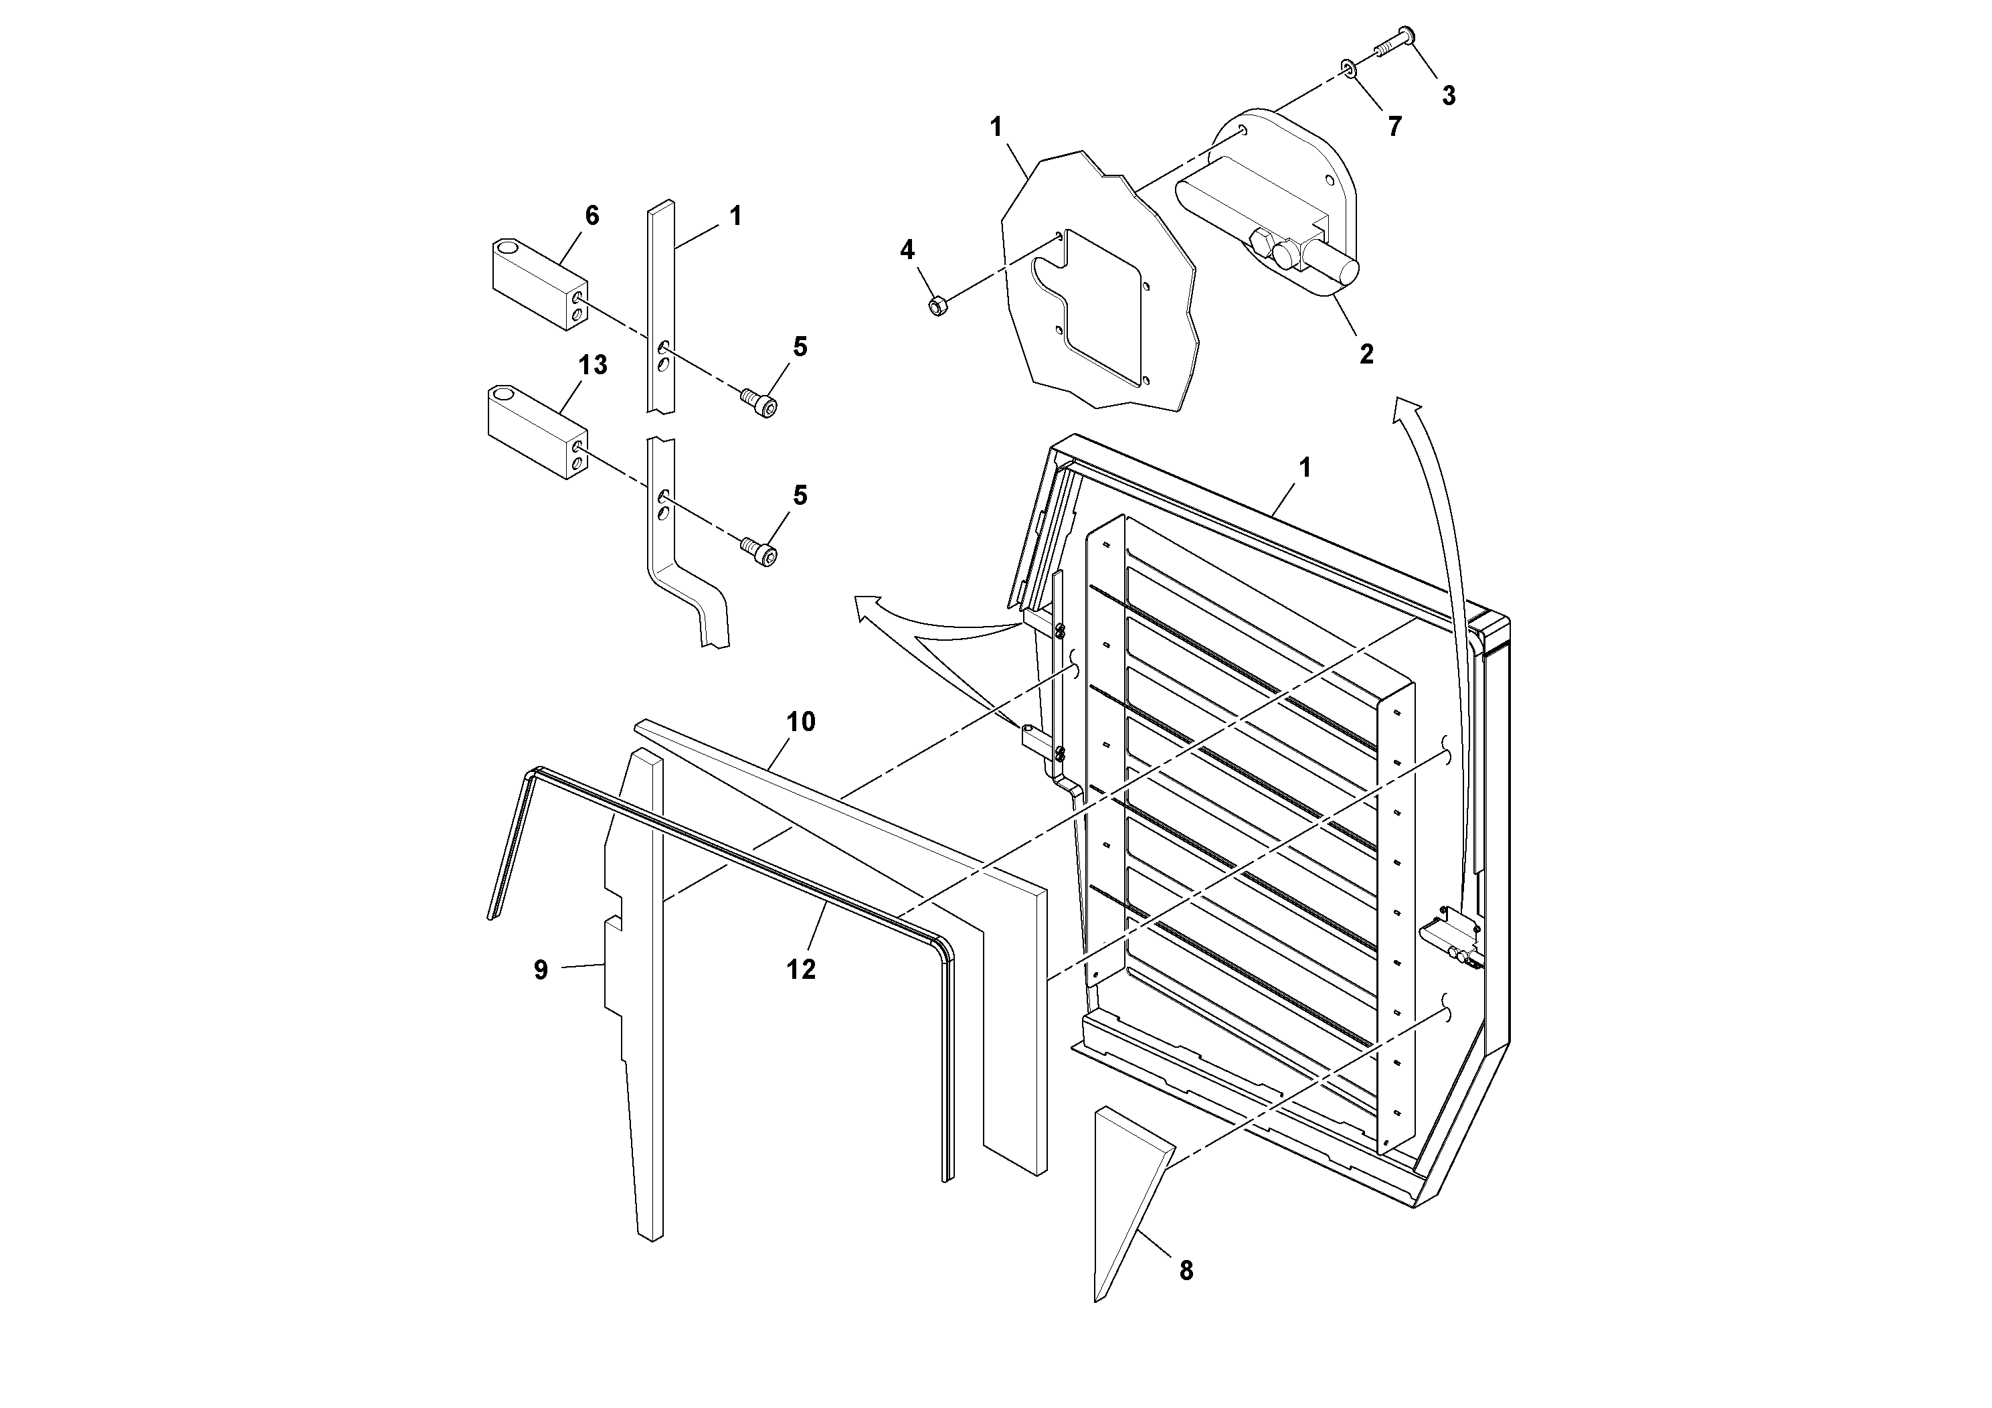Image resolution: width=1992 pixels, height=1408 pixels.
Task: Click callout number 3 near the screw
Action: click(1448, 96)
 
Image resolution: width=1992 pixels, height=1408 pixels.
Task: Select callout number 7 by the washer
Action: click(1394, 127)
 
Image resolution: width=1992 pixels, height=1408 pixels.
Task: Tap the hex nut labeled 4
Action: click(938, 305)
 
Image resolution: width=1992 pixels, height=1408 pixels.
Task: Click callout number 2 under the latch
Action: click(1366, 354)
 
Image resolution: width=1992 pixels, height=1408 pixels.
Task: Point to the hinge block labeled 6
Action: click(538, 284)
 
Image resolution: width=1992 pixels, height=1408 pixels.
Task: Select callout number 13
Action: click(593, 366)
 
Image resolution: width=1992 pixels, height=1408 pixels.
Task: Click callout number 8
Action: click(1186, 1271)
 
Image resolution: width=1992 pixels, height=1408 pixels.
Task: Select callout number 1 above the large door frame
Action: click(1304, 468)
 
